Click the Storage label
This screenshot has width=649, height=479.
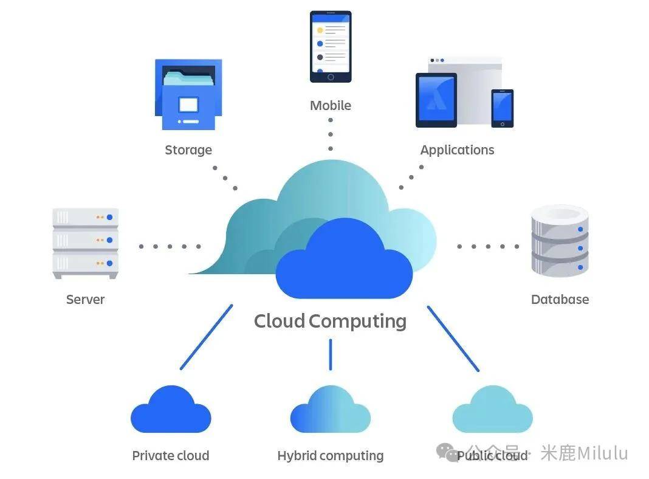coord(188,150)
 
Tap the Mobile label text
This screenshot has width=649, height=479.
coord(331,106)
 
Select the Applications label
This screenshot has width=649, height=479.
coord(457,150)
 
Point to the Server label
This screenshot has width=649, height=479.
coord(86,300)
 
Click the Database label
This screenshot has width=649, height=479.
coord(560,300)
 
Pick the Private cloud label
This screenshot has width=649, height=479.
coord(171,456)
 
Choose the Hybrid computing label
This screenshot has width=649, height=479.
coord(331,456)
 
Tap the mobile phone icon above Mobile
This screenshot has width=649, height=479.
coord(331,46)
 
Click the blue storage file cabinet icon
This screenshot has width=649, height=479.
coord(188,94)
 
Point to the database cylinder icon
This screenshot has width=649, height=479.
coord(560,241)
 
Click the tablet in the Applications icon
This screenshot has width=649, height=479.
coord(436,100)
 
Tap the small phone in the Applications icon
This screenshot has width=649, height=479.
coord(503,108)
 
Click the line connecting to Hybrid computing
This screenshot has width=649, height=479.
coord(331,354)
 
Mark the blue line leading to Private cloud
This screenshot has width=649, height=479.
coord(207,337)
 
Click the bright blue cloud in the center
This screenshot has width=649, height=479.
coord(344,264)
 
